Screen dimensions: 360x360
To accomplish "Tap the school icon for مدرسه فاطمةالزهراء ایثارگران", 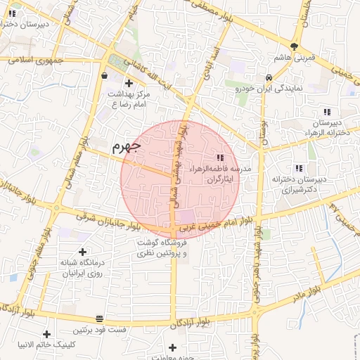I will click(220, 157).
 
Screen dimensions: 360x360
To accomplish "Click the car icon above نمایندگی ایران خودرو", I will click(269, 77).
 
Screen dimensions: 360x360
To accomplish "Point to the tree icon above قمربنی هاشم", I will click(294, 47).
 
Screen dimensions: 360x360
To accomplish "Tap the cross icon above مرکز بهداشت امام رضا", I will click(129, 83).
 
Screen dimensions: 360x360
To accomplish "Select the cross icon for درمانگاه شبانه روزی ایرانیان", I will click(82, 251).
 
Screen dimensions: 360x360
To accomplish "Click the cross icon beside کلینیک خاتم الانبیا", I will click(46, 334).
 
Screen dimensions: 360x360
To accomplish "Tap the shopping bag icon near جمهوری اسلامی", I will click(104, 75).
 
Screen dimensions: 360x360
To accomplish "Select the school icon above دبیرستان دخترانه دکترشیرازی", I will click(299, 168).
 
